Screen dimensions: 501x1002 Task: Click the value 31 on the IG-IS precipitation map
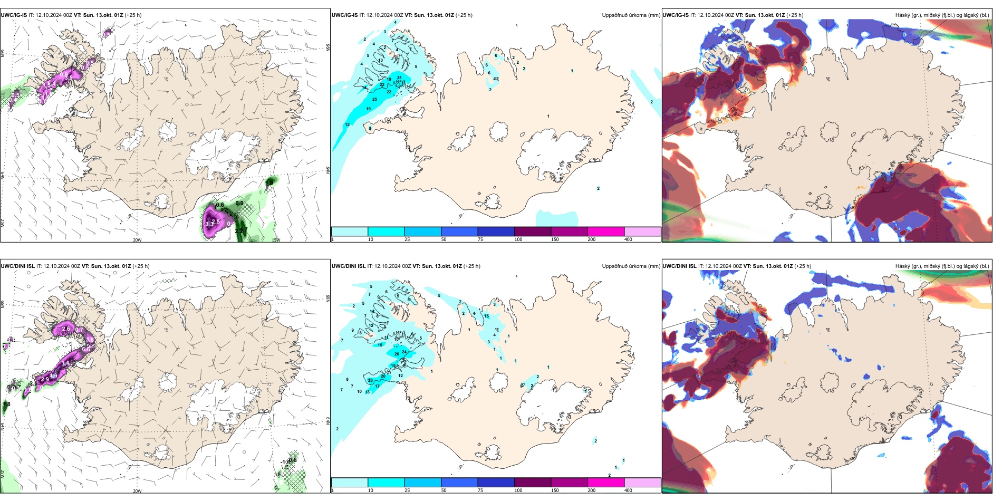click(x=399, y=78)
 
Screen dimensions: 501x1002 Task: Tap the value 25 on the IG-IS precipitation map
click(x=374, y=99)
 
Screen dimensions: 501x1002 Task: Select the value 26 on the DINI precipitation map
click(x=397, y=354)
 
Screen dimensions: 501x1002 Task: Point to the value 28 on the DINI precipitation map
click(x=370, y=380)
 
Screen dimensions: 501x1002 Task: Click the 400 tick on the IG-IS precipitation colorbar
click(x=628, y=239)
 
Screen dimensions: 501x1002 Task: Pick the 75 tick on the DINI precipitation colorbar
click(x=480, y=490)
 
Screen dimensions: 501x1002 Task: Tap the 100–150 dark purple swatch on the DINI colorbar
click(x=532, y=483)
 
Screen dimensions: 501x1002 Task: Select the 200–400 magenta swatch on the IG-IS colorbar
click(x=605, y=232)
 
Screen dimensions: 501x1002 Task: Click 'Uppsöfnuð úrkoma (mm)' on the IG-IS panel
click(x=631, y=15)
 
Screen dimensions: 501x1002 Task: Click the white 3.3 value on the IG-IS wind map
click(x=210, y=224)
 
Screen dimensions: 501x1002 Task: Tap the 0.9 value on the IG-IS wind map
click(x=239, y=204)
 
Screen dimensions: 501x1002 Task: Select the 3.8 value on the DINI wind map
click(x=65, y=363)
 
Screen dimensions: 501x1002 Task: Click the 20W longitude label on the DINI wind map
click(x=137, y=491)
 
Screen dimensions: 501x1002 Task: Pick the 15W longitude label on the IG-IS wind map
click(x=275, y=240)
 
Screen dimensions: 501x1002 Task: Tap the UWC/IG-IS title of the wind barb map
click(x=14, y=15)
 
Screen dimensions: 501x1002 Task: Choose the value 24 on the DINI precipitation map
click(x=404, y=352)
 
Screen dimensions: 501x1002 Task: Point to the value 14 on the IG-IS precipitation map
click(x=364, y=88)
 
